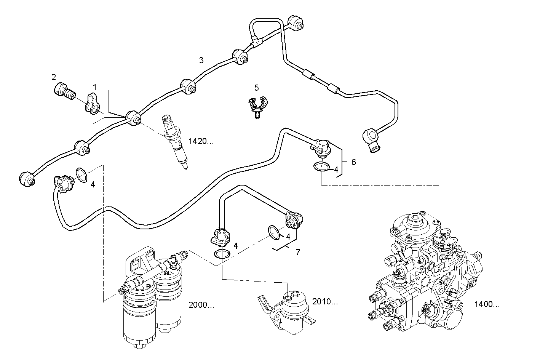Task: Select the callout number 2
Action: pyautogui.click(x=54, y=77)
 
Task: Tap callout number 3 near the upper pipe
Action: pyautogui.click(x=201, y=60)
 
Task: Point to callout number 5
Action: pyautogui.click(x=256, y=88)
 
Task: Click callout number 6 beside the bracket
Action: pyautogui.click(x=353, y=162)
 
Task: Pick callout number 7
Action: pyautogui.click(x=297, y=252)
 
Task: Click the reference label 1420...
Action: pyautogui.click(x=201, y=141)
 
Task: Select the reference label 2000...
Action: pyautogui.click(x=201, y=305)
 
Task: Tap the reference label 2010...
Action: pyautogui.click(x=325, y=302)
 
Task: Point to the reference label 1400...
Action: pyautogui.click(x=487, y=304)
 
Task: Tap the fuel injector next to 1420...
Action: pyautogui.click(x=175, y=143)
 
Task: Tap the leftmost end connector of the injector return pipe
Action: pyautogui.click(x=27, y=179)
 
